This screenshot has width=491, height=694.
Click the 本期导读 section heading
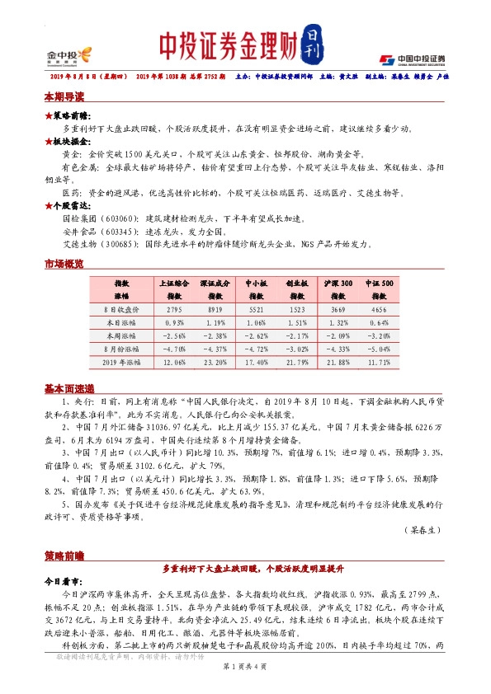(x=64, y=96)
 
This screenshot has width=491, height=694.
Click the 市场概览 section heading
(x=64, y=264)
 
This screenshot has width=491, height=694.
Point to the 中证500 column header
(x=380, y=282)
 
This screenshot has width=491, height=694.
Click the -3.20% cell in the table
(x=380, y=335)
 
